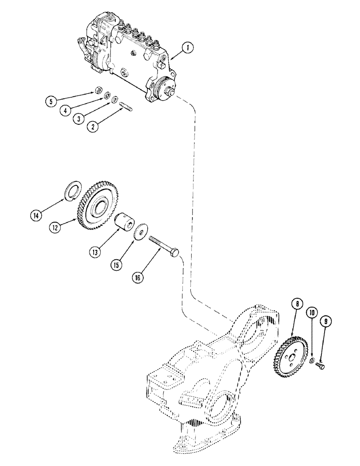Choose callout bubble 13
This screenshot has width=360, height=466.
pyautogui.click(x=96, y=253)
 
